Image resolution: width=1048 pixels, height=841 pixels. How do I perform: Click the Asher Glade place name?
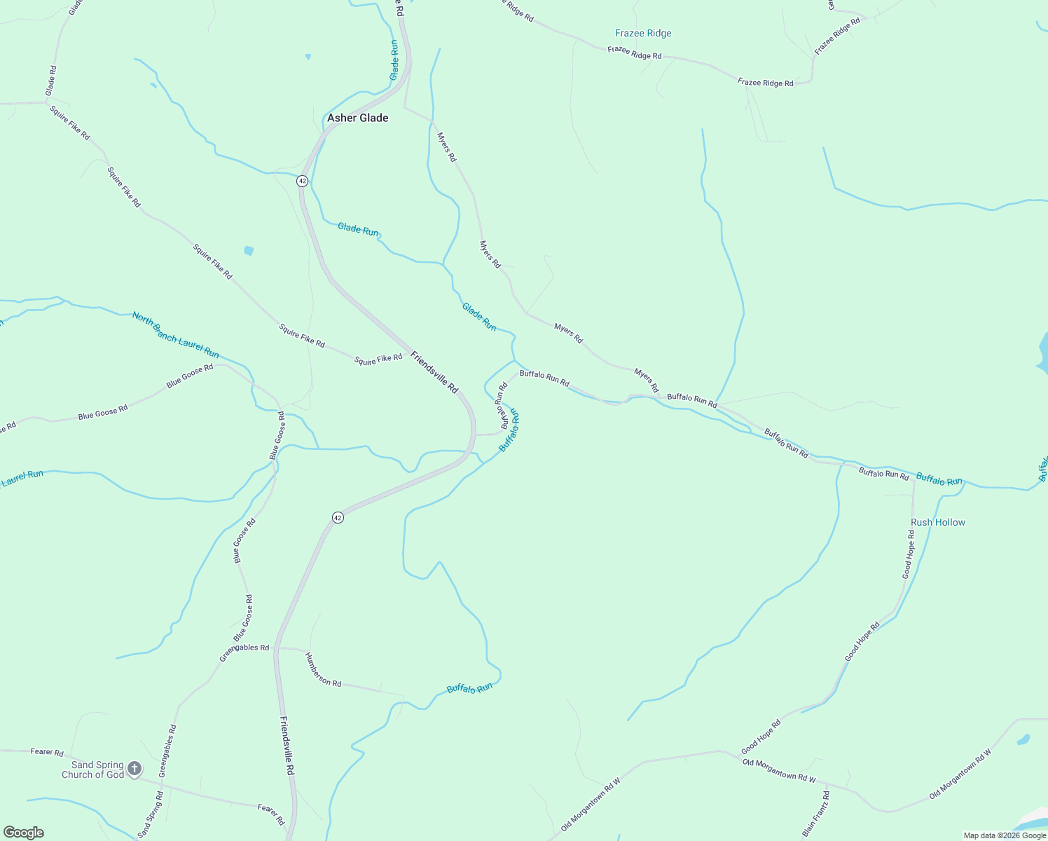[357, 118]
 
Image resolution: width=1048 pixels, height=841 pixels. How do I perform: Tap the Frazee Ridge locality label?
[643, 33]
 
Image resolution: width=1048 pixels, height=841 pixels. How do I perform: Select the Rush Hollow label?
[937, 522]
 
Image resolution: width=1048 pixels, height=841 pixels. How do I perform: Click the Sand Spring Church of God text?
[92, 770]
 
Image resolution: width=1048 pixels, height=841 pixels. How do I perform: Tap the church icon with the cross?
[135, 769]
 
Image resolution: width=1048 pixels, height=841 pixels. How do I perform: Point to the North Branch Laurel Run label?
[175, 335]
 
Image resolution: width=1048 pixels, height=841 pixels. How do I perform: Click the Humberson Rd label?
[323, 669]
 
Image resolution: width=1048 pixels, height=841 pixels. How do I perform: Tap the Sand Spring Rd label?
[151, 815]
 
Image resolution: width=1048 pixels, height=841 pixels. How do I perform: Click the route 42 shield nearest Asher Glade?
[302, 181]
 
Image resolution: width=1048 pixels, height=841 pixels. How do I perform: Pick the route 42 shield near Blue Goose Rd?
[338, 517]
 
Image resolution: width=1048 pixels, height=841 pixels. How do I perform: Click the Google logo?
[24, 833]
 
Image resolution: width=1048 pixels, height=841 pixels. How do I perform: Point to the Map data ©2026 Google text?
[1005, 835]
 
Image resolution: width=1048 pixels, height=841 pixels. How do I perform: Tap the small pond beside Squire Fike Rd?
[249, 250]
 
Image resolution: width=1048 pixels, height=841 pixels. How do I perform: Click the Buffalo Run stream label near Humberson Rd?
[469, 688]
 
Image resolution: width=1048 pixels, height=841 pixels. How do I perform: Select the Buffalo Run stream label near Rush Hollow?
[939, 479]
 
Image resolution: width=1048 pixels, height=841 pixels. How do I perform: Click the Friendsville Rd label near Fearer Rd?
[287, 745]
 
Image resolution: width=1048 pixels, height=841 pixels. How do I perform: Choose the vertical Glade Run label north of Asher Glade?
[394, 60]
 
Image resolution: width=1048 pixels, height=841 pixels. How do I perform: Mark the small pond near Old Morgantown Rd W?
[1024, 739]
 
